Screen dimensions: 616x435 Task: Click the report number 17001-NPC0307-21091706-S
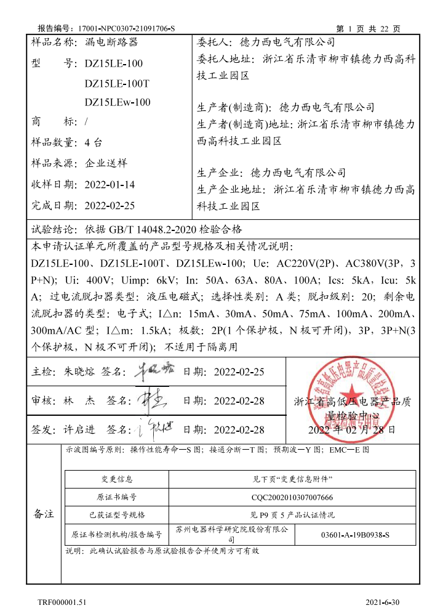127,28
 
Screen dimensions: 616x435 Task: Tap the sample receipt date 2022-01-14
110,185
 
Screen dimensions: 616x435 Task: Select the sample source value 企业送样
106,163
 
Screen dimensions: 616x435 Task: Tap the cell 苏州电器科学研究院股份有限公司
232,533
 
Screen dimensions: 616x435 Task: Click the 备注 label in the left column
44,514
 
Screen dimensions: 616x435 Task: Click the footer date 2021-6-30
383,601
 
